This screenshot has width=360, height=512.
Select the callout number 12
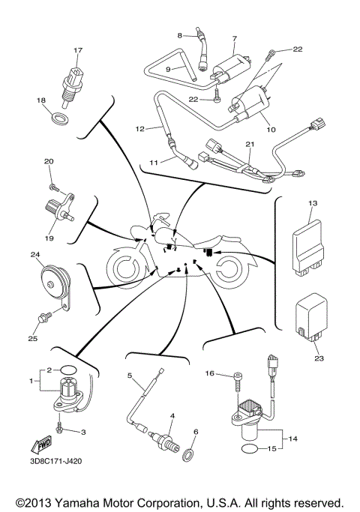[x=139, y=128]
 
